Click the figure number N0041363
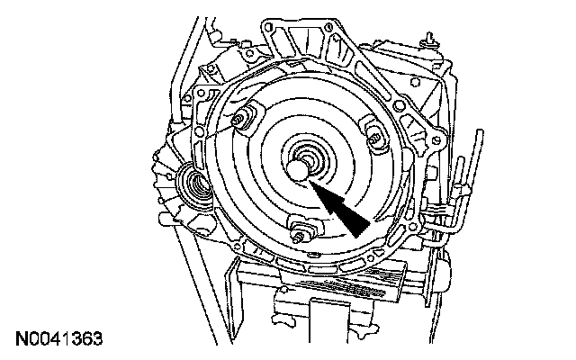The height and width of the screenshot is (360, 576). point(58,339)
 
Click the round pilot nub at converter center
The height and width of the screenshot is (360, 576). point(297,169)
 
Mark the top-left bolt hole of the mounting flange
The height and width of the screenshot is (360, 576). point(268,27)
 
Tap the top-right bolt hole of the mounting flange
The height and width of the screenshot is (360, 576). point(329,26)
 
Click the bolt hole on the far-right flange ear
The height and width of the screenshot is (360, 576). point(436,140)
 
